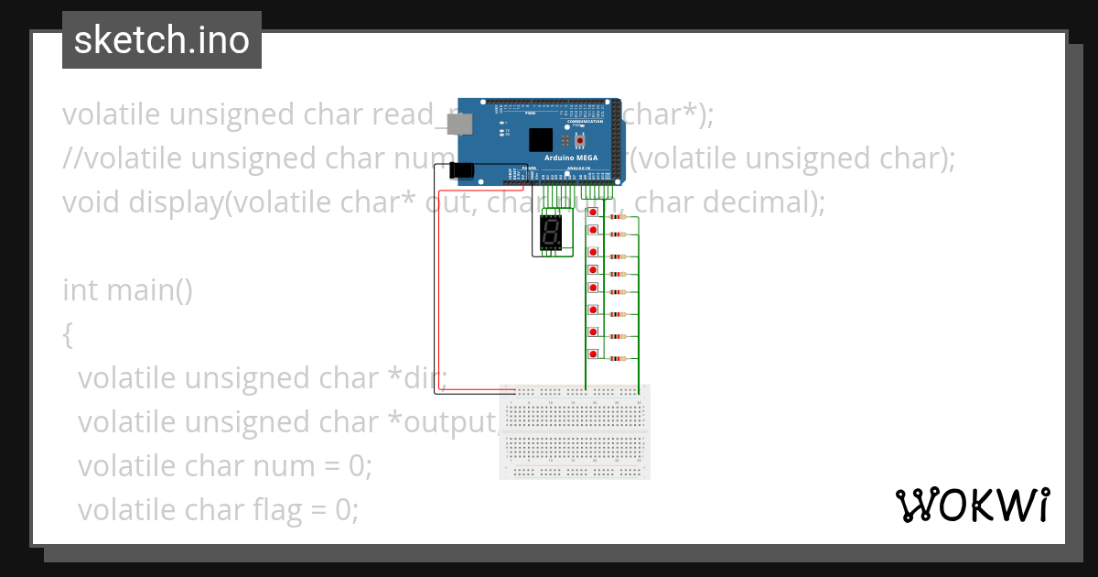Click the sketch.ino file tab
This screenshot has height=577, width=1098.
click(x=161, y=40)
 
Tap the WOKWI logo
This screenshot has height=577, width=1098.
click(x=971, y=505)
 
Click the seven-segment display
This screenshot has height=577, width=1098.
click(x=551, y=232)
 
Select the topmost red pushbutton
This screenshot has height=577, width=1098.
click(x=593, y=212)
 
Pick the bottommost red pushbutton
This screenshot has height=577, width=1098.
click(x=593, y=354)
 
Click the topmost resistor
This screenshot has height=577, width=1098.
click(x=618, y=217)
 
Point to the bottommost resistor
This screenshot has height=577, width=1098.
click(x=618, y=359)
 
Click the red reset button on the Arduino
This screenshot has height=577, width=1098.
click(x=579, y=139)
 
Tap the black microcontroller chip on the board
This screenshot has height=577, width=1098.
click(x=541, y=139)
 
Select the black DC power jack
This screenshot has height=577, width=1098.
click(x=463, y=169)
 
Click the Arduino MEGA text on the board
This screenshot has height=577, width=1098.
click(x=571, y=158)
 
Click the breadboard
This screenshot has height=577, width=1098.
click(x=575, y=431)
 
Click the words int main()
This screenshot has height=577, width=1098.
click(x=127, y=290)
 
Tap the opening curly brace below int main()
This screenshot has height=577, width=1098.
click(x=67, y=334)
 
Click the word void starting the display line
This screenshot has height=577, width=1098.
click(x=88, y=201)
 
